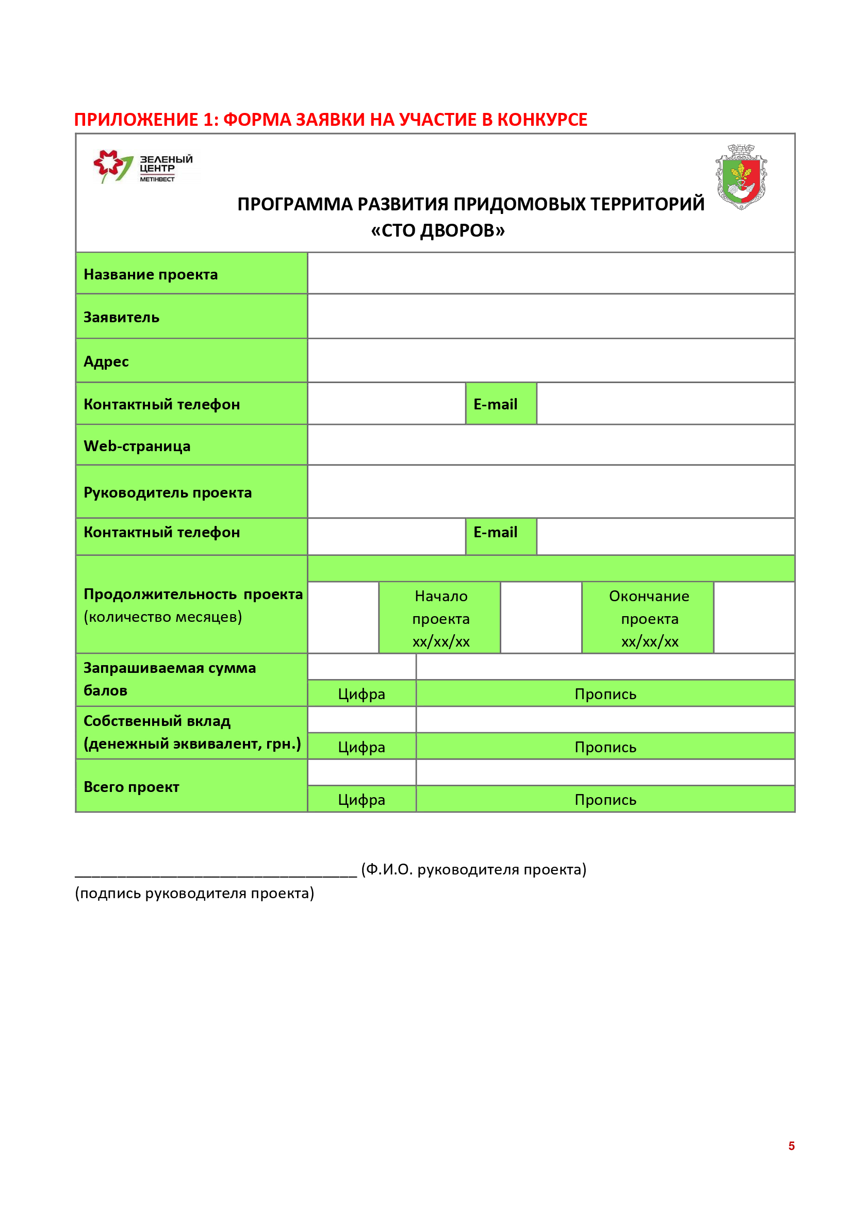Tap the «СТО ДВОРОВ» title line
[x=437, y=230]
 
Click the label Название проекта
[x=151, y=275]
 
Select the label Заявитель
[x=121, y=318]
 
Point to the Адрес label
[x=106, y=362]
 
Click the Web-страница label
[x=137, y=447]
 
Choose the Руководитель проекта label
[x=168, y=493]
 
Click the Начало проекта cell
[x=440, y=619]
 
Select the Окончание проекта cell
[x=649, y=619]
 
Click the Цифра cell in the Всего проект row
[x=362, y=800]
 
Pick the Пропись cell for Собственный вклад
[x=605, y=748]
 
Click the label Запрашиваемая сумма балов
[x=169, y=679]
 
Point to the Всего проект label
[x=132, y=787]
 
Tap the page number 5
[x=791, y=1146]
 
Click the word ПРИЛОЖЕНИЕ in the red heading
[x=136, y=120]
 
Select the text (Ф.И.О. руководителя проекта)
[x=473, y=869]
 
